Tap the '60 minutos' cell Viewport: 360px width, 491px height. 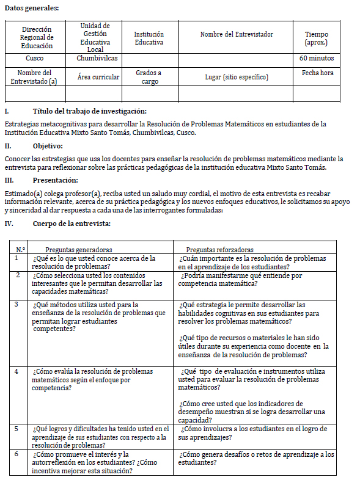[317, 59]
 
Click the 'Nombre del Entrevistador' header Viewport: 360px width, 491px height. [236, 34]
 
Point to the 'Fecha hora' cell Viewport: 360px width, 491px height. [317, 73]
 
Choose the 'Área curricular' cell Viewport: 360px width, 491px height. [98, 77]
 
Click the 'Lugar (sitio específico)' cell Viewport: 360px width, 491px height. [236, 77]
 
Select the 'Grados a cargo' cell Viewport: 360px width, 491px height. [149, 77]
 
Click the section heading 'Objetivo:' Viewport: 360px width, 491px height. [47, 146]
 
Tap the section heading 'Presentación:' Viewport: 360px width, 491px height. [55, 180]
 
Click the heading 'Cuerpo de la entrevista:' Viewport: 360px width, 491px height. [72, 224]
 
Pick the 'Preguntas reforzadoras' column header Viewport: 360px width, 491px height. [219, 250]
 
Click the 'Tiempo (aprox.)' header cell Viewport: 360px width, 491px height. [317, 38]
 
